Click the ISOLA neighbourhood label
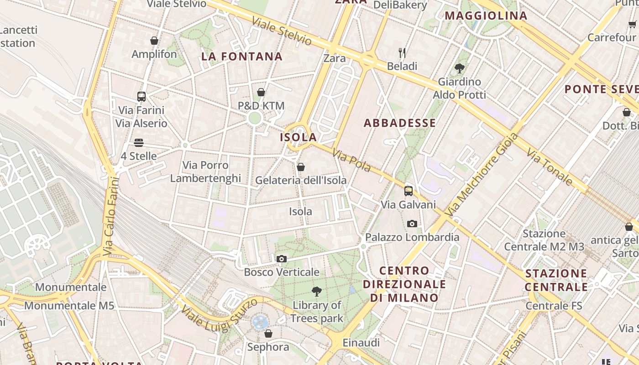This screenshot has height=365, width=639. click(299, 137)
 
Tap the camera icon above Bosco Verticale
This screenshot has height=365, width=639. click(282, 259)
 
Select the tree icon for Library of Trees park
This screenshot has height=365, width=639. click(316, 292)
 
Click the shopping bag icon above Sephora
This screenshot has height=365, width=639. click(268, 334)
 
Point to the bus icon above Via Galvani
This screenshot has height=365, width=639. click(409, 191)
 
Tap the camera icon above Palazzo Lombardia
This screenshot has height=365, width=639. click(412, 224)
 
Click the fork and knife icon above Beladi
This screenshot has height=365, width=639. click(402, 53)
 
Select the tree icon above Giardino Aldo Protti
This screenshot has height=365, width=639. click(459, 68)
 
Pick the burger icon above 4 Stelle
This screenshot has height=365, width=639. click(139, 143)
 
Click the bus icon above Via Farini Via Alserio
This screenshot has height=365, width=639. click(141, 97)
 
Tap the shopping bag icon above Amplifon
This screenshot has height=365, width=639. click(154, 41)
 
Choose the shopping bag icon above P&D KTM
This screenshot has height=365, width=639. click(261, 93)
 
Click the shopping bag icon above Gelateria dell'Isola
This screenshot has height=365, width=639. click(301, 167)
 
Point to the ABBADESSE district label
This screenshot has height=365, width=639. click(400, 123)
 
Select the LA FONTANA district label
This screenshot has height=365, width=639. click(242, 57)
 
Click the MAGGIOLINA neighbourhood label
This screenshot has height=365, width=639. click(486, 16)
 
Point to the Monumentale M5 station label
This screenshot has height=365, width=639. click(69, 306)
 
